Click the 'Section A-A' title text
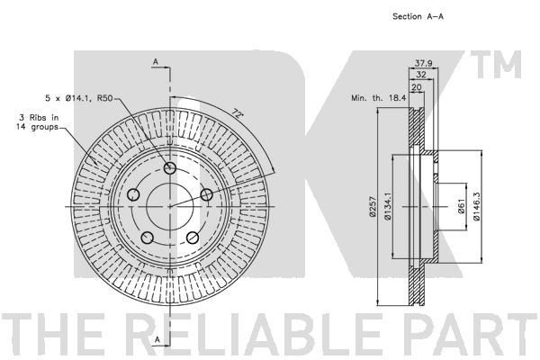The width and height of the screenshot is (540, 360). pyautogui.click(x=418, y=16)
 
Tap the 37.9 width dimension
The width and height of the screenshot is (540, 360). pyautogui.click(x=423, y=63)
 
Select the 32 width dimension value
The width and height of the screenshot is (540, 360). pyautogui.click(x=421, y=75)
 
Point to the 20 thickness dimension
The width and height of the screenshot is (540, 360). pyautogui.click(x=417, y=87)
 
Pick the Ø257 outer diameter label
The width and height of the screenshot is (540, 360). pyautogui.click(x=372, y=206)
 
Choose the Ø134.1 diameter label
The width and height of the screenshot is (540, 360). pyautogui.click(x=387, y=206)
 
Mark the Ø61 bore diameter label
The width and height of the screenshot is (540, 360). pyautogui.click(x=463, y=206)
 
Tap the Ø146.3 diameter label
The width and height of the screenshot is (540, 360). pyautogui.click(x=477, y=206)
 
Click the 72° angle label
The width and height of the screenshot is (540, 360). pyautogui.click(x=236, y=112)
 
